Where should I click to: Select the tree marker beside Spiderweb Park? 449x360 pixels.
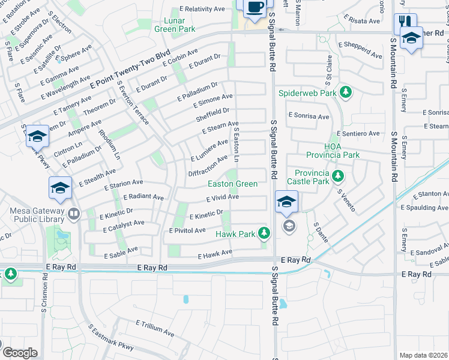(345, 92)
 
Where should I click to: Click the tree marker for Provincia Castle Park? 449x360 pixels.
(339, 176)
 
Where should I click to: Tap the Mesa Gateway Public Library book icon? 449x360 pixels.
(73, 214)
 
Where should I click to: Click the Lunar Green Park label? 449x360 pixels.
(175, 25)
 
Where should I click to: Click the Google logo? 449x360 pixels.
(19, 352)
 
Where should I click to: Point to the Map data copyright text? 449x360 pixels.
(424, 355)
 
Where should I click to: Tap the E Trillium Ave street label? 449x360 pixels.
(155, 328)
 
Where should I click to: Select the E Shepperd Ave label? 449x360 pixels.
(360, 55)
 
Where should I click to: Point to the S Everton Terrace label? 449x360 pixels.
(133, 103)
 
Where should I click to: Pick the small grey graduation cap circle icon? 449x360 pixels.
(289, 226)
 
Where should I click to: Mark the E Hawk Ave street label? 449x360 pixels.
(215, 254)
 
